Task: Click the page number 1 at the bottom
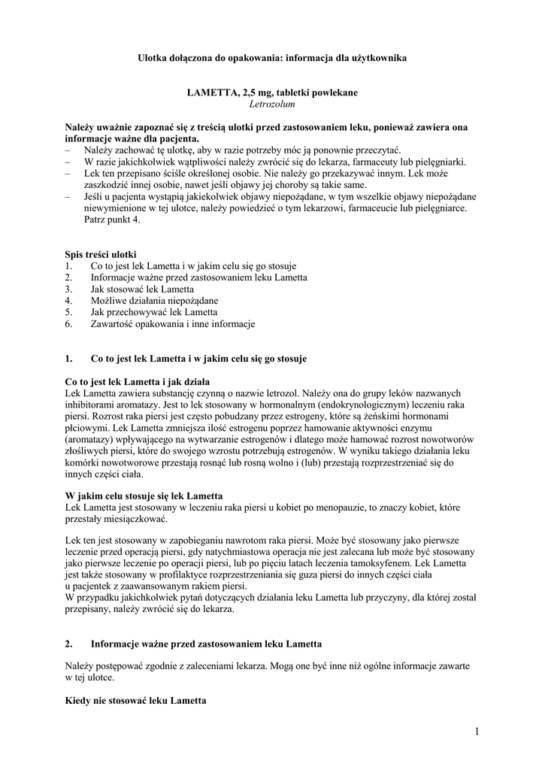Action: tap(477, 732)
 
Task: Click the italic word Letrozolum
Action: tap(272, 105)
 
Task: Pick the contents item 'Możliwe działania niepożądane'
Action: tap(154, 301)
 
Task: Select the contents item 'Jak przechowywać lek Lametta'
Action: tap(153, 312)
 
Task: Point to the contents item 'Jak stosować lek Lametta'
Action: tap(142, 289)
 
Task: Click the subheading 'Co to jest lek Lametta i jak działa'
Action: tap(137, 381)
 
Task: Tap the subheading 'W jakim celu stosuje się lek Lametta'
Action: tap(144, 496)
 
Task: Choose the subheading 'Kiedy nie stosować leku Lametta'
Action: tap(135, 702)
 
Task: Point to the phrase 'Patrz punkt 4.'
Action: tap(111, 220)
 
